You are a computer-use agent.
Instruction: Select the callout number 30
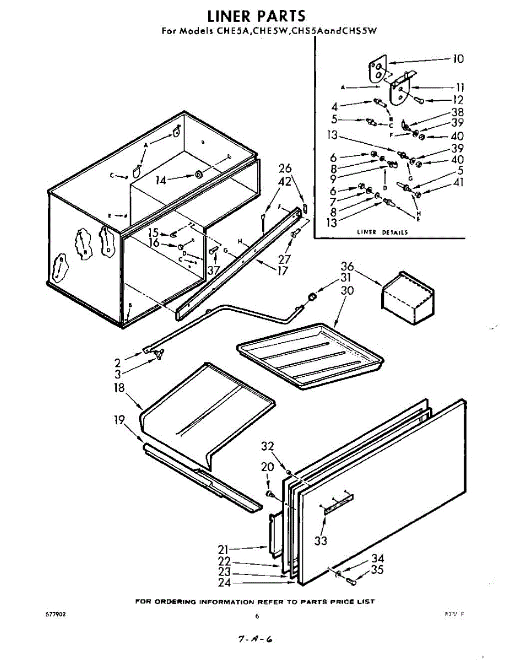click(x=346, y=291)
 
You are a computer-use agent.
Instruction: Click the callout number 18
click(x=119, y=387)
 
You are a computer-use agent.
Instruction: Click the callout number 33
click(x=321, y=541)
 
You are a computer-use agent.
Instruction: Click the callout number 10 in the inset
click(x=458, y=59)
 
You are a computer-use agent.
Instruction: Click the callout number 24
click(x=224, y=582)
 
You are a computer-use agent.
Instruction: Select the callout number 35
click(x=377, y=570)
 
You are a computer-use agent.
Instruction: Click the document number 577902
click(x=57, y=613)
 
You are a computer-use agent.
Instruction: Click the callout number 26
click(x=285, y=169)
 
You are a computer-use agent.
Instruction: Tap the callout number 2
click(x=117, y=362)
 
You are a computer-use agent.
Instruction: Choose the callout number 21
click(x=224, y=549)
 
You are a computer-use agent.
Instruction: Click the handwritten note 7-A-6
click(x=254, y=640)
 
